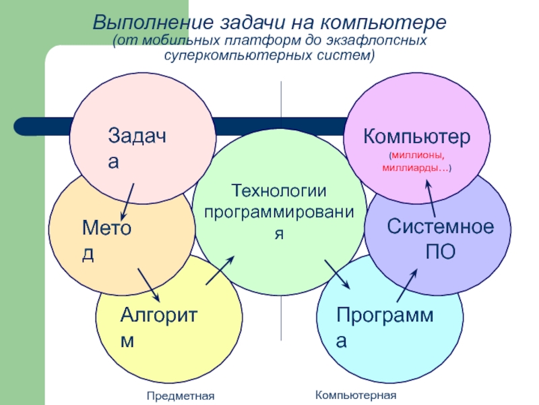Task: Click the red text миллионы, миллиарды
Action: point(418,162)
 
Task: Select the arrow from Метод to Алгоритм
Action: point(149,286)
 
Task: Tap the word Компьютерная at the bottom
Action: point(356,394)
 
